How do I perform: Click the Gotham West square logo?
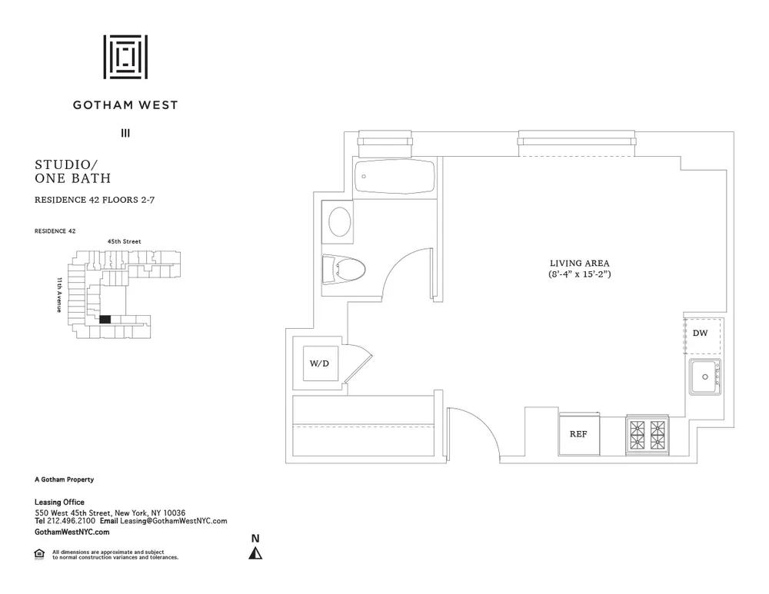(x=125, y=57)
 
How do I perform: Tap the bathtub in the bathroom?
(x=394, y=178)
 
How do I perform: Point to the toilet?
(x=346, y=269)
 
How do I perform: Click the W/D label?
(x=319, y=363)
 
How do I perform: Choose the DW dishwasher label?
(x=700, y=334)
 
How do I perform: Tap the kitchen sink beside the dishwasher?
(x=704, y=377)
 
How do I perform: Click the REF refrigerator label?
(x=578, y=434)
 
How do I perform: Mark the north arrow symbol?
(x=257, y=553)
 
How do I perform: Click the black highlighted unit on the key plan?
(x=105, y=320)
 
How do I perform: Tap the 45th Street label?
(x=124, y=241)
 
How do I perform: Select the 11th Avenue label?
(x=59, y=294)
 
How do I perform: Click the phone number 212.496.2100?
(x=68, y=520)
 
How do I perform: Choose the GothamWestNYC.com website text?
(x=72, y=532)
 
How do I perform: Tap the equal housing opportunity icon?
(x=39, y=553)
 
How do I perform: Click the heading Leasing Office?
(x=59, y=503)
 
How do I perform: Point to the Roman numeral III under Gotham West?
(x=125, y=133)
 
